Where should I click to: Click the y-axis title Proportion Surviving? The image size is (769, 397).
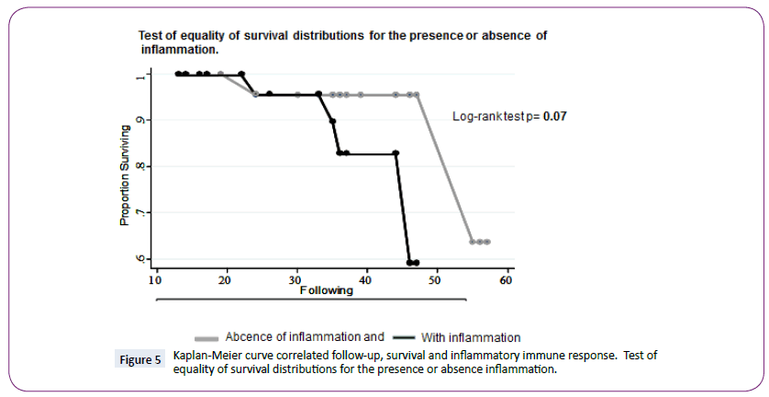[122, 175]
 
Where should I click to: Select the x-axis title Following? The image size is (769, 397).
[326, 290]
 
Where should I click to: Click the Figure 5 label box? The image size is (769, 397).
[140, 360]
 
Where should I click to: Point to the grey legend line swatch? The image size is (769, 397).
[208, 337]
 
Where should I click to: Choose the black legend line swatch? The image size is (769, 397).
[403, 337]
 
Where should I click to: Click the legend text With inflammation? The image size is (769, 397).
[471, 337]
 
